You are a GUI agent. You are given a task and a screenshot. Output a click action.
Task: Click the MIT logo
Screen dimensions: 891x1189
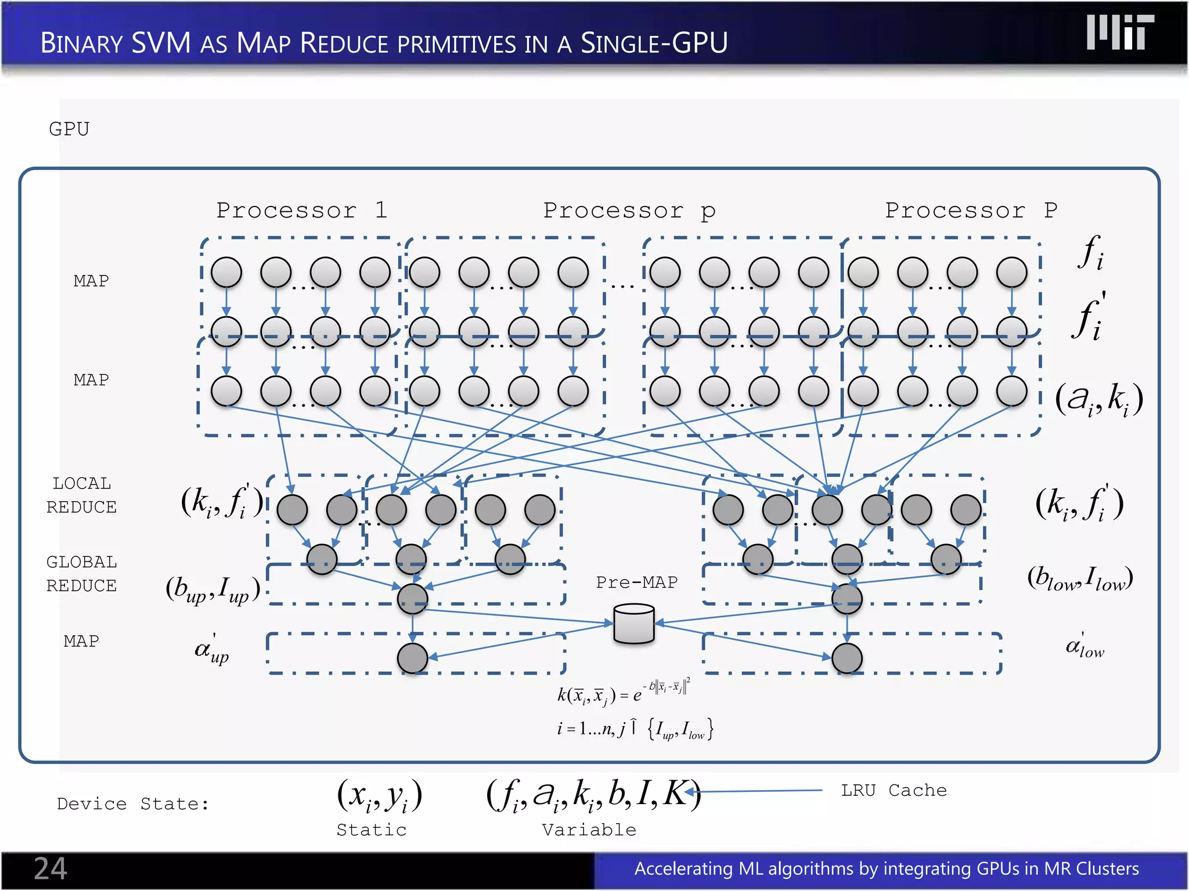(x=1120, y=32)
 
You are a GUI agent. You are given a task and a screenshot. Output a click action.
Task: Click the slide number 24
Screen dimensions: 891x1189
(x=51, y=868)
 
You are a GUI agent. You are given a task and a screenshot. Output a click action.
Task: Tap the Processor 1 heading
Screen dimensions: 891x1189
(x=301, y=210)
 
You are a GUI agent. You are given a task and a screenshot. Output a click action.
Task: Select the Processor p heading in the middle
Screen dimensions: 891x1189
(x=629, y=210)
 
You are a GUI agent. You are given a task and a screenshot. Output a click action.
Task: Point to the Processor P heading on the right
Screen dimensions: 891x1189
(x=971, y=210)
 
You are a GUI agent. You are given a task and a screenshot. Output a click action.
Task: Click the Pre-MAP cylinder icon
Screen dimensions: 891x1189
(x=634, y=624)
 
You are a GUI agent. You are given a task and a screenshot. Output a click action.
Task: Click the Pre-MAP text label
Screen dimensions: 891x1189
(x=636, y=582)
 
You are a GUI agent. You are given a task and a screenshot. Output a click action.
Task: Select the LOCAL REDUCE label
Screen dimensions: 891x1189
(x=81, y=495)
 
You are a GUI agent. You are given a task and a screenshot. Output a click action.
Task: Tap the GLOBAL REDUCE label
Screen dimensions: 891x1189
(x=81, y=574)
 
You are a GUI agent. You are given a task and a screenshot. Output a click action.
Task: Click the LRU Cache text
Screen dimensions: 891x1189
(x=893, y=790)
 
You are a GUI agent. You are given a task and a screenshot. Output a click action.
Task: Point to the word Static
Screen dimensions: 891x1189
(x=372, y=830)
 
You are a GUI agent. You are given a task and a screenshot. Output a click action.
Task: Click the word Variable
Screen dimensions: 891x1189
(x=589, y=830)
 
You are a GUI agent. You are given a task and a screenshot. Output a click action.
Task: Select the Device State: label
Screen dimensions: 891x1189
(x=132, y=803)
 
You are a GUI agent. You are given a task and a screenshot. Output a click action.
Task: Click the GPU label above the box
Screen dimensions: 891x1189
(x=69, y=129)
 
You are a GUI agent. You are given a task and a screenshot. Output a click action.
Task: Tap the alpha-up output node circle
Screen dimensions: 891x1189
(x=412, y=658)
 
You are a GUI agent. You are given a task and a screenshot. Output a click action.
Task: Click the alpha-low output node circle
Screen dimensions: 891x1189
(x=846, y=658)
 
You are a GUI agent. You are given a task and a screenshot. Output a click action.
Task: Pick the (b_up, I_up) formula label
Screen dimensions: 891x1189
(x=212, y=589)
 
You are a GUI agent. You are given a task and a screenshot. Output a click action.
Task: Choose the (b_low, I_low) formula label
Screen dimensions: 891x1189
(x=1079, y=578)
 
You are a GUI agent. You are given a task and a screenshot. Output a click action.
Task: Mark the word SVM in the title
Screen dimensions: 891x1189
(x=161, y=43)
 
